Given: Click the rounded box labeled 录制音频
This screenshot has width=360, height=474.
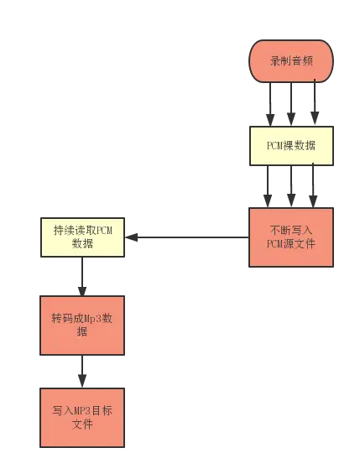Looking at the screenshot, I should click(291, 61).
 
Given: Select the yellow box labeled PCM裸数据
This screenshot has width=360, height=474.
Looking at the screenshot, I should click(291, 145).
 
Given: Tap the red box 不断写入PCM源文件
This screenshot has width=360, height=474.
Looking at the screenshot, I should click(291, 237).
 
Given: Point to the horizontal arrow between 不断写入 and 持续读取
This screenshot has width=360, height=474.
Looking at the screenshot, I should click(189, 237).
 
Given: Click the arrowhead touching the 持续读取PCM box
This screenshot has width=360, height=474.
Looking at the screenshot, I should click(131, 238).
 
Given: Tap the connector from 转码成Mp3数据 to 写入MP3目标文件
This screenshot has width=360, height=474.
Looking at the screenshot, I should click(82, 369).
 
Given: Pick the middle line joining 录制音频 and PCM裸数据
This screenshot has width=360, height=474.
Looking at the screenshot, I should click(291, 103).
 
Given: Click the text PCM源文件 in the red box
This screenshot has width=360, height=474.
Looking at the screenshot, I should click(291, 244).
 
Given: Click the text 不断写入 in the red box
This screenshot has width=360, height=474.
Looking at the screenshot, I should click(291, 229).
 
